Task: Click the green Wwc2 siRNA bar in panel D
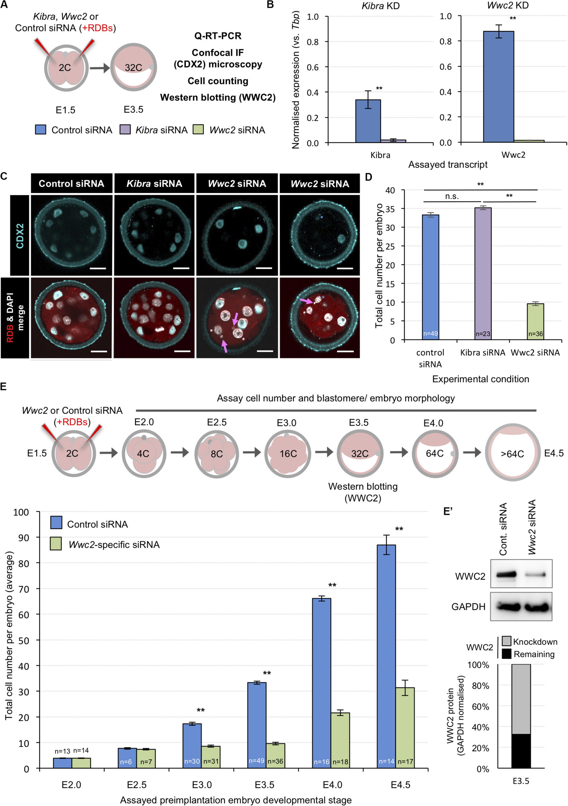pyautogui.click(x=535, y=321)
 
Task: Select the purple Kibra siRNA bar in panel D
pyautogui.click(x=483, y=274)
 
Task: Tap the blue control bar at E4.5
pyautogui.click(x=386, y=656)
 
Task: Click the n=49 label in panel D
pyautogui.click(x=430, y=333)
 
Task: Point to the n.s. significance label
pyautogui.click(x=452, y=196)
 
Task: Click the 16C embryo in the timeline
pyautogui.click(x=288, y=453)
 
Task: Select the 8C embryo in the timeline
pyautogui.click(x=216, y=453)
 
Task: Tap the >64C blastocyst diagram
pyautogui.click(x=512, y=453)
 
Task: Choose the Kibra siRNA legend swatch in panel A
pyautogui.click(x=125, y=130)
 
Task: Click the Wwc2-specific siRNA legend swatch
pyautogui.click(x=56, y=544)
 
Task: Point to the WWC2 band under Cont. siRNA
pyautogui.click(x=506, y=575)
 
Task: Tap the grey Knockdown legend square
pyautogui.click(x=506, y=641)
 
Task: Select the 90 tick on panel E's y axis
pyautogui.click(x=23, y=538)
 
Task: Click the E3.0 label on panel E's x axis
pyautogui.click(x=202, y=785)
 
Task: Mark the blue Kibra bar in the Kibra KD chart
pyautogui.click(x=368, y=121)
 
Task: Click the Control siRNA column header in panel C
pyautogui.click(x=71, y=183)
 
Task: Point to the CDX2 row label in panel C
pyautogui.click(x=19, y=236)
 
